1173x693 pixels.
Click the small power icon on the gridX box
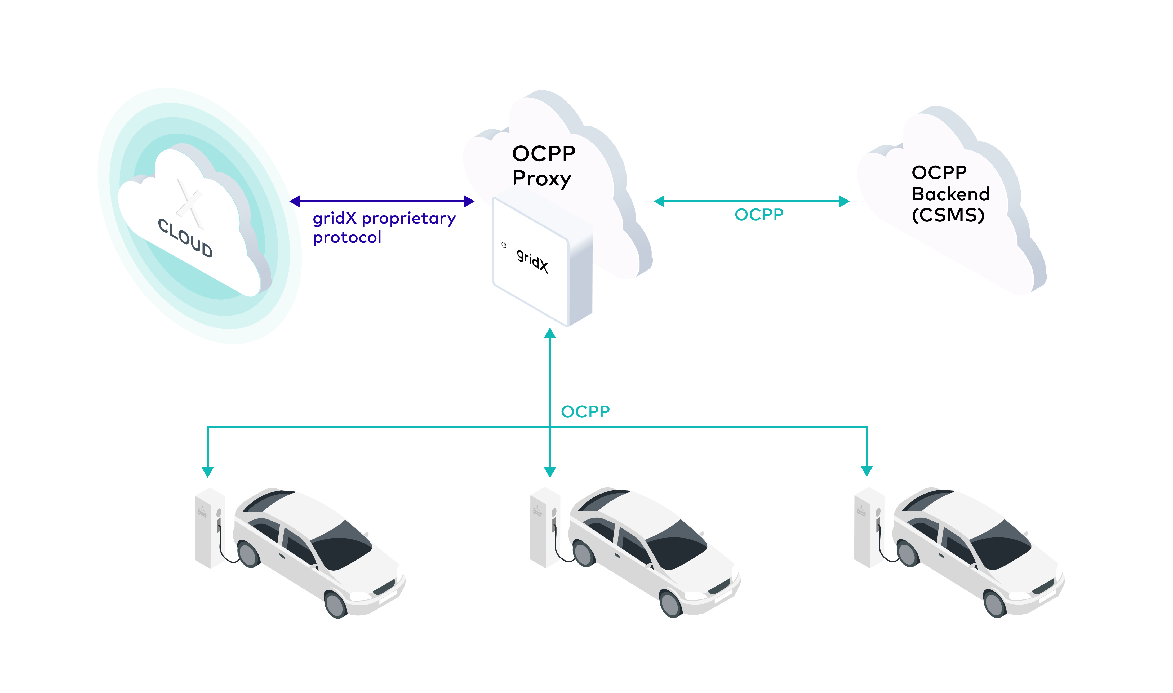click(504, 245)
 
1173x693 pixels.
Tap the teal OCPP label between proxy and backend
click(759, 215)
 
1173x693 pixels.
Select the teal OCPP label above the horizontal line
click(585, 412)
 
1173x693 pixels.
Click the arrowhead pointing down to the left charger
click(208, 472)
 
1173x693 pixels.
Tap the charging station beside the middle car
click(544, 528)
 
